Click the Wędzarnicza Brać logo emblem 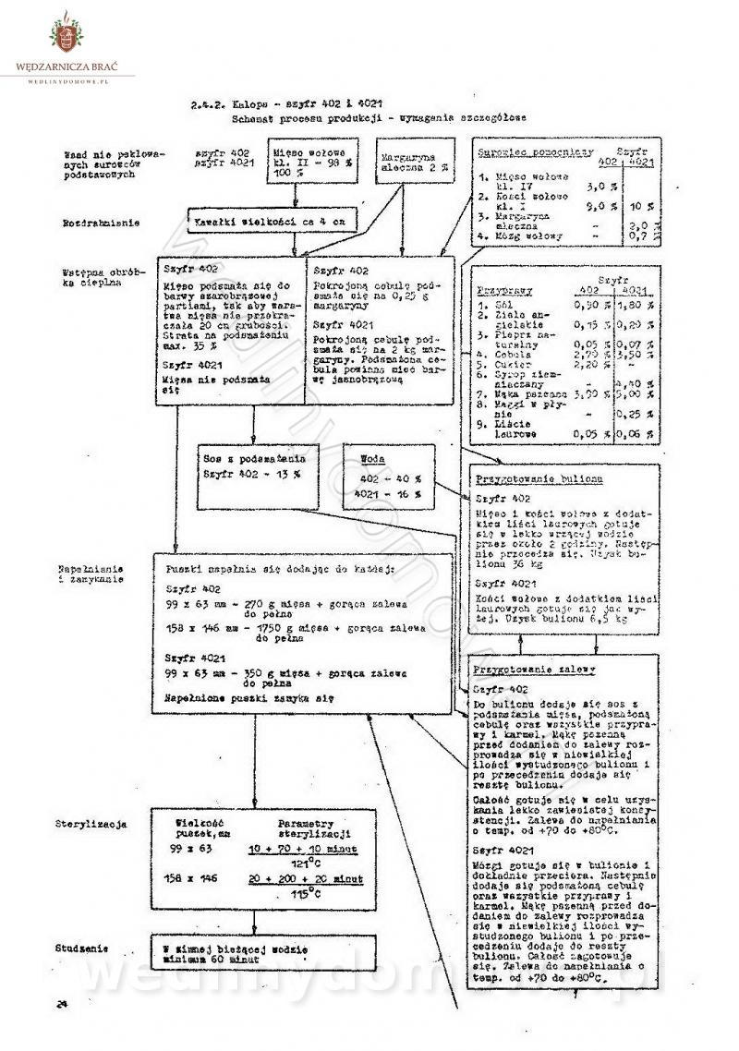point(67,34)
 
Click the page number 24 point(63,1004)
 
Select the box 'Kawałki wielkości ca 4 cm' point(267,223)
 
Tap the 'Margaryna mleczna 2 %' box point(404,163)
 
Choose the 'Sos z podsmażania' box point(253,465)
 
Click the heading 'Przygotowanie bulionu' point(539,479)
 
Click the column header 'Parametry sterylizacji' point(318,828)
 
